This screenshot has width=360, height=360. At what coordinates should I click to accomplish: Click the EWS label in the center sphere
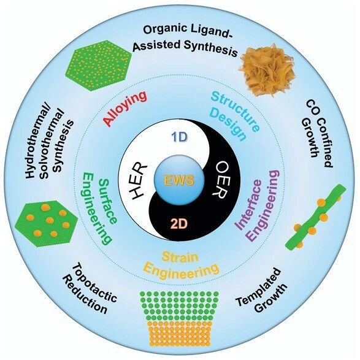180,180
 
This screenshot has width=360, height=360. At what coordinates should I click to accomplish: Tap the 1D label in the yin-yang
180,137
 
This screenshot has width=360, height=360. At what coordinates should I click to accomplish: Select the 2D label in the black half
179,224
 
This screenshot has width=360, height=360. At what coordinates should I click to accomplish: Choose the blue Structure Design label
235,116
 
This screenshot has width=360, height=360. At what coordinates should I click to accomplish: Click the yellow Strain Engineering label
180,265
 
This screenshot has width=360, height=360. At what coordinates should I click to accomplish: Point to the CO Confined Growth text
317,134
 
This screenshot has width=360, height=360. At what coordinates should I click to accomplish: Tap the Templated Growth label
262,291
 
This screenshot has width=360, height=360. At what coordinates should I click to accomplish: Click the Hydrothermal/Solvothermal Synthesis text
49,143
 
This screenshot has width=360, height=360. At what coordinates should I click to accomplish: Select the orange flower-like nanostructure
267,67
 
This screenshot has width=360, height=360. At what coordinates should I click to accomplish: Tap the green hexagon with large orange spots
47,224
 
